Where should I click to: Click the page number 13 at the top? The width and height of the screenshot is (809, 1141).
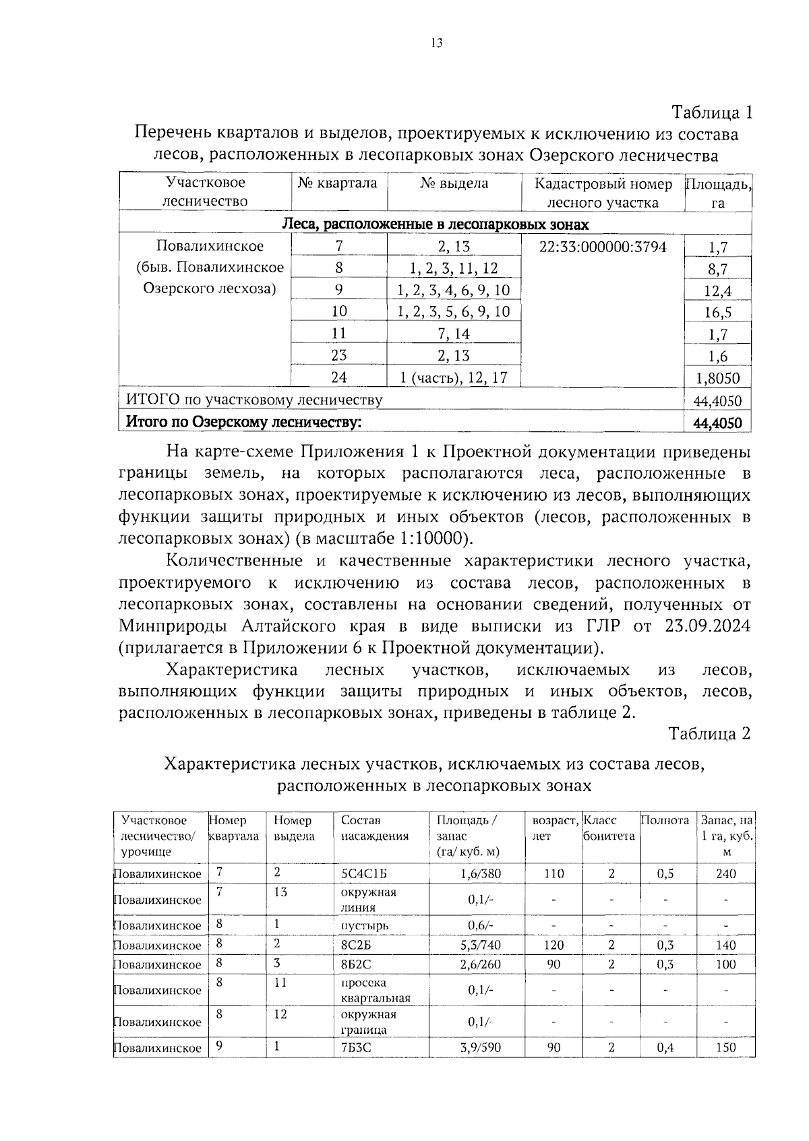[436, 44]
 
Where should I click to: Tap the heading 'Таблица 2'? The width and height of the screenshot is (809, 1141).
[709, 734]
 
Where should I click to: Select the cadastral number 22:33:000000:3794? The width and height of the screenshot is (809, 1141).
[603, 247]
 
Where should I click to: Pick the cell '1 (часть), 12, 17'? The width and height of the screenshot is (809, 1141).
[453, 377]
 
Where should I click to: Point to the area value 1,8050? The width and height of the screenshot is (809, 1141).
[718, 378]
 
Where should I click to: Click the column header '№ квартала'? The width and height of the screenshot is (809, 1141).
[338, 183]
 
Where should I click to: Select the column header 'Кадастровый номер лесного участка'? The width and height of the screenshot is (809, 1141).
[603, 193]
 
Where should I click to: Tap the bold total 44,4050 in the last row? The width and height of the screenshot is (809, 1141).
[717, 423]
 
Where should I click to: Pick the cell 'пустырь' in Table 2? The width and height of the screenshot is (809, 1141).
[365, 925]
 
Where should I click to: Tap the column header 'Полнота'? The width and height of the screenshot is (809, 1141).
[665, 820]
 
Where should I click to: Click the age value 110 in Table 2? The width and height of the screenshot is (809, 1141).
[553, 873]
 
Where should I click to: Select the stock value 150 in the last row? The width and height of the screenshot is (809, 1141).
[725, 1047]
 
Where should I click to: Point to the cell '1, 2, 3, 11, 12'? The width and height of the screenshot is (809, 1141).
[453, 268]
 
